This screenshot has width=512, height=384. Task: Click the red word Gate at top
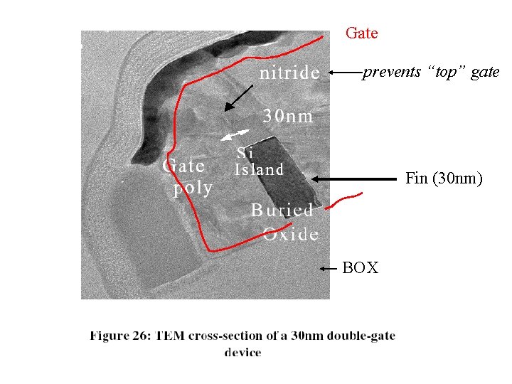(x=361, y=33)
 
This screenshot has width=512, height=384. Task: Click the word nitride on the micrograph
(x=289, y=73)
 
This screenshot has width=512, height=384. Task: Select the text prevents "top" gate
(x=431, y=72)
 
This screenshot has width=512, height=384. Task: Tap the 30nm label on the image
(x=288, y=116)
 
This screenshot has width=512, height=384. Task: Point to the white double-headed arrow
(x=235, y=134)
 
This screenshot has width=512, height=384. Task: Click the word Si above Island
(x=245, y=152)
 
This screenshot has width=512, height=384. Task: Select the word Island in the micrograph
(x=259, y=169)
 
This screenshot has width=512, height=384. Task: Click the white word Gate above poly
(x=184, y=166)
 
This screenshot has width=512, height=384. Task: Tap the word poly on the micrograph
(x=193, y=188)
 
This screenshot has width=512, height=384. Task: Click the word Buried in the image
(x=282, y=210)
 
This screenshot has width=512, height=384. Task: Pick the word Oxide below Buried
(x=290, y=233)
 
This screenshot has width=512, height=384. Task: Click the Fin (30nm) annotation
(x=444, y=178)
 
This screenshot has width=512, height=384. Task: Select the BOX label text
(x=361, y=268)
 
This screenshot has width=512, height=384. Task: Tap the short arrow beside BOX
(x=328, y=269)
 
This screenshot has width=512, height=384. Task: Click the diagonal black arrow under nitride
(x=239, y=97)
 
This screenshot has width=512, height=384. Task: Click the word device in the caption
(x=242, y=353)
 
